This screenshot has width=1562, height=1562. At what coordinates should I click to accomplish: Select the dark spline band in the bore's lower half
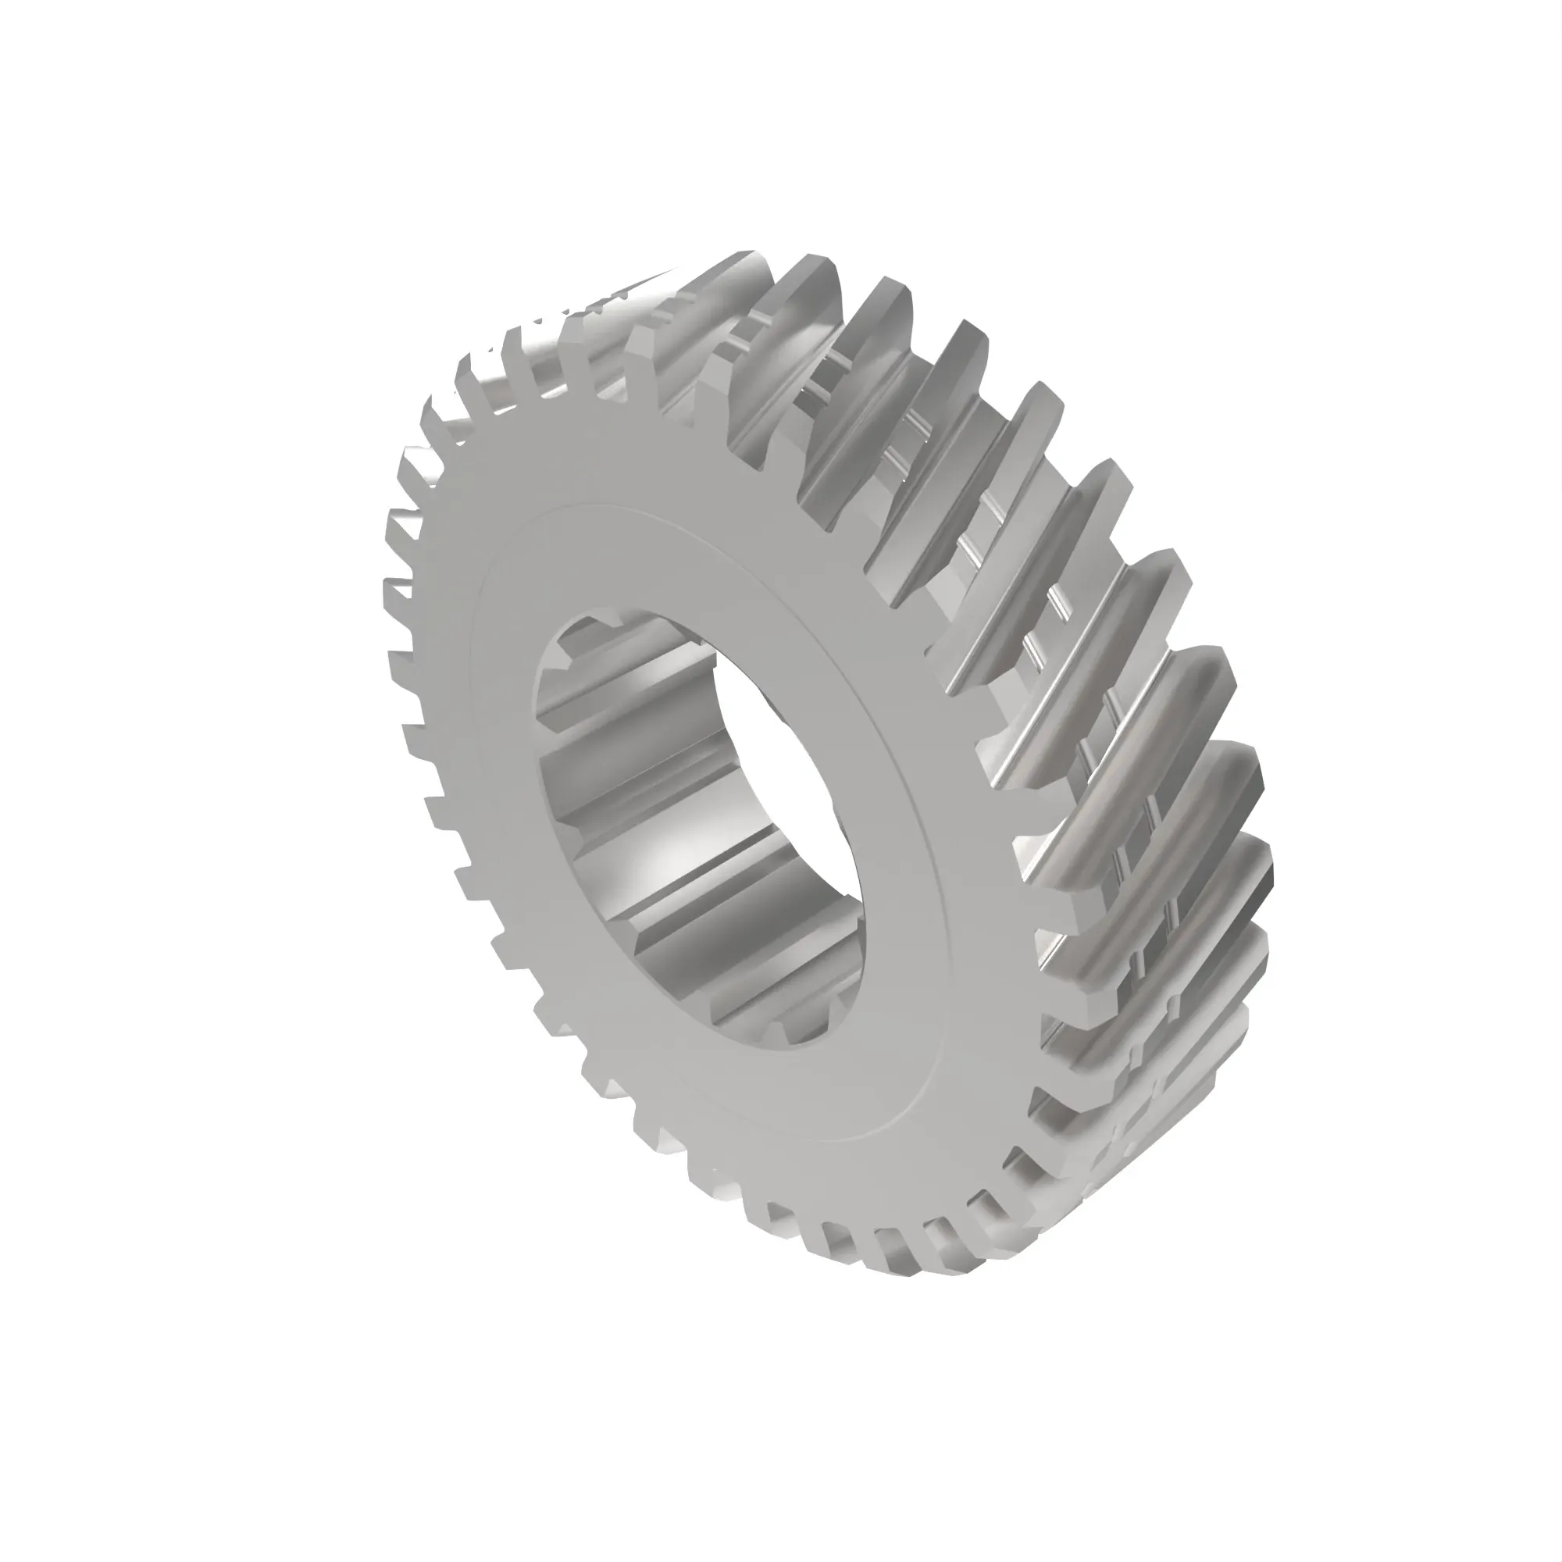pos(695,929)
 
